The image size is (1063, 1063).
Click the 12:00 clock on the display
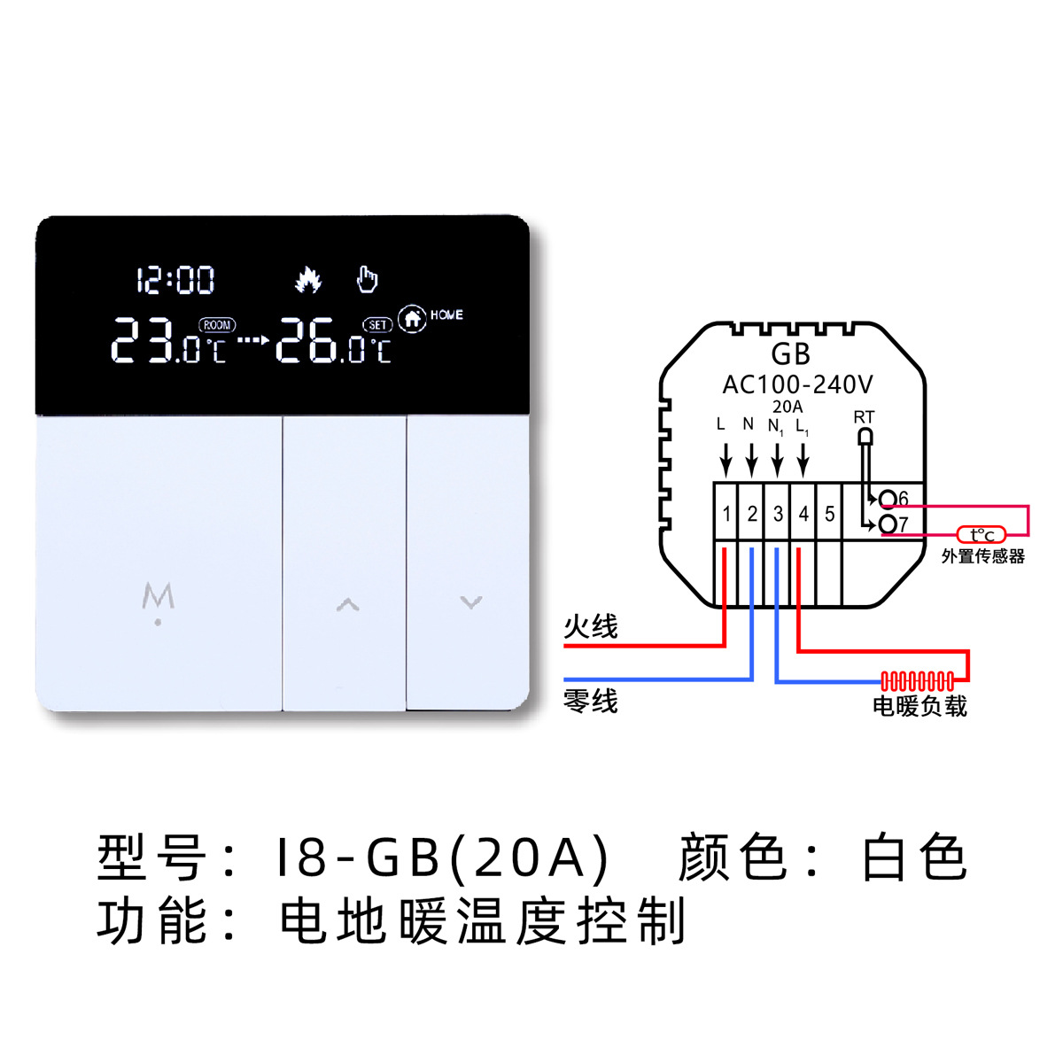coord(175,281)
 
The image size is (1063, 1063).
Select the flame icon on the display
coord(307,280)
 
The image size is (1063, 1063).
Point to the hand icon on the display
coord(367,279)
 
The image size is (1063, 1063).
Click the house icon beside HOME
coord(412,318)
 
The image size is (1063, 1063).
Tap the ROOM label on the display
coord(217,325)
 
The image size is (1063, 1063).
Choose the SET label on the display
coord(378,325)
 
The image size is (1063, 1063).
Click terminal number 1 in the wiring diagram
coord(726,514)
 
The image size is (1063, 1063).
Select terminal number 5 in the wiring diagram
coord(830,514)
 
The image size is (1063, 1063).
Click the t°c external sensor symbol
coord(982,535)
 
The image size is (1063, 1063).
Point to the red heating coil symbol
coord(918,681)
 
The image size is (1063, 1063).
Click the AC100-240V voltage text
coord(797,384)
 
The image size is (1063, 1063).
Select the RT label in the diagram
coord(864,416)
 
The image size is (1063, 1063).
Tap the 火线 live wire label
coord(591,627)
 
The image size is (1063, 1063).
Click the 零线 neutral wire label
coord(591,702)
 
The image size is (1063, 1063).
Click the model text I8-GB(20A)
coord(443,857)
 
